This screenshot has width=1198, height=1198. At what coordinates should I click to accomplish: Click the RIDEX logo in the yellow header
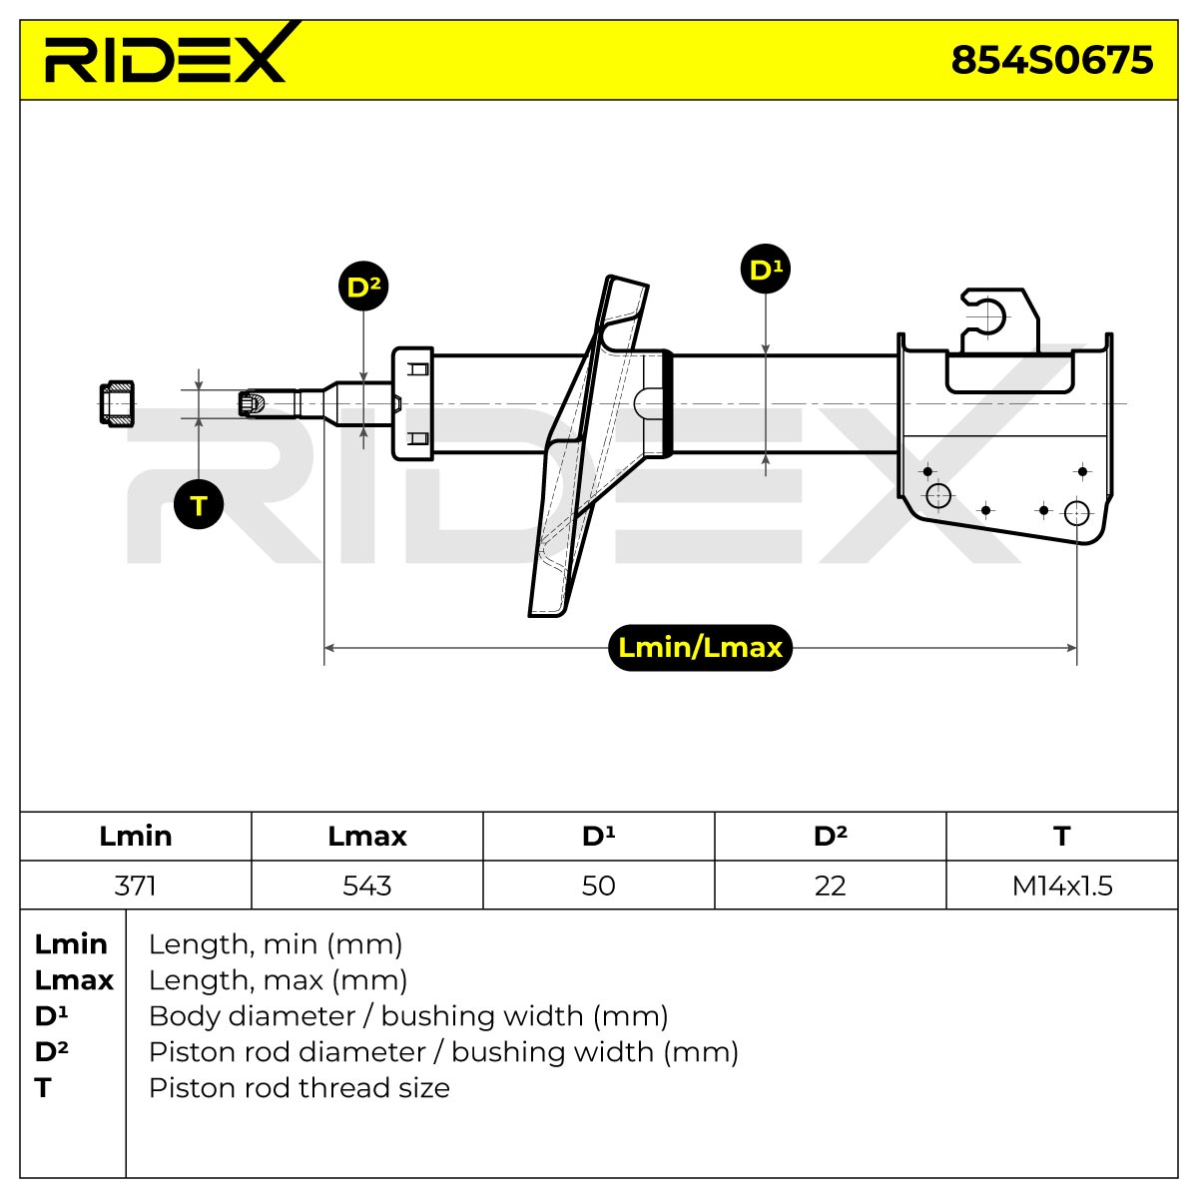[166, 54]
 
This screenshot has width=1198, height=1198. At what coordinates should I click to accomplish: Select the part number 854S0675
[1051, 60]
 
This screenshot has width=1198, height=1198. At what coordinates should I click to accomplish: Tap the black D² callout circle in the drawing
[363, 286]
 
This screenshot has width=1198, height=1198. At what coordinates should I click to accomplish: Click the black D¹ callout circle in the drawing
[766, 269]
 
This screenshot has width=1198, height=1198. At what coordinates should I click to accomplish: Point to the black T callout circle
[199, 504]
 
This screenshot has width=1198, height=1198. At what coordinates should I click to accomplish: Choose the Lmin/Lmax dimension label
[700, 648]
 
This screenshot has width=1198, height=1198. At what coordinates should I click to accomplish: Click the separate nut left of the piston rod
[117, 404]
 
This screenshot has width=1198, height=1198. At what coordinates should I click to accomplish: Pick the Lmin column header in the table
[136, 837]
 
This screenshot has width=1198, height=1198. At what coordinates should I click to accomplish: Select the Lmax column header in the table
[366, 837]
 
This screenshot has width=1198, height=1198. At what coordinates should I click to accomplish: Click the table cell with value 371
[136, 886]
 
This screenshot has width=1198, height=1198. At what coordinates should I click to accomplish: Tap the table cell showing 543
[366, 886]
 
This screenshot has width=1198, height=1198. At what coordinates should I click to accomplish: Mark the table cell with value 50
[599, 886]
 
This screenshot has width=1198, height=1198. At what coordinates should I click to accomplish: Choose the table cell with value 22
[830, 886]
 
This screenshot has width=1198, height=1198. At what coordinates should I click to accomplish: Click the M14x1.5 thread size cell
[1062, 886]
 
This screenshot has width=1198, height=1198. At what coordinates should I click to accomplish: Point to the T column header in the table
[1062, 837]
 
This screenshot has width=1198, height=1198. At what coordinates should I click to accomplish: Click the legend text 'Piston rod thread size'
[299, 1087]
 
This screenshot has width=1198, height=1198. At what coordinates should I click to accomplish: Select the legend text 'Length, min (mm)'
[276, 944]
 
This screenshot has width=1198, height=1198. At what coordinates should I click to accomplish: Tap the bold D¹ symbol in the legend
[52, 1016]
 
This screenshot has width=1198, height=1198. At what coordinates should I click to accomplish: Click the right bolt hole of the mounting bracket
[1076, 513]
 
